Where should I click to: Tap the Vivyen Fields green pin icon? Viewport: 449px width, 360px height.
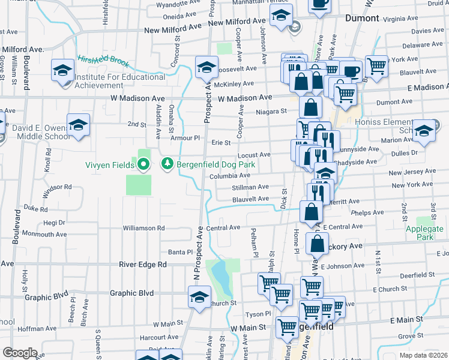coord(143,164)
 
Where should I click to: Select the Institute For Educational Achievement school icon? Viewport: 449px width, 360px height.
coord(62,71)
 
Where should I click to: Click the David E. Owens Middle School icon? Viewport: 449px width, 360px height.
coord(78,125)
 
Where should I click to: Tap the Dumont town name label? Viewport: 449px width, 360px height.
coord(362,18)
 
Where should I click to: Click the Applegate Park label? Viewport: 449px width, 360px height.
coord(424,233)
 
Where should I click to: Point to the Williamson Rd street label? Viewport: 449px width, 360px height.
coord(143,228)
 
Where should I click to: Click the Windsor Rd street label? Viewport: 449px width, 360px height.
coord(57,191)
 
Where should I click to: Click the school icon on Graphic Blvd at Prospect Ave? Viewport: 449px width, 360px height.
coord(199,297)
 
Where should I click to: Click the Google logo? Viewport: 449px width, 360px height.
coord(19,353)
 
